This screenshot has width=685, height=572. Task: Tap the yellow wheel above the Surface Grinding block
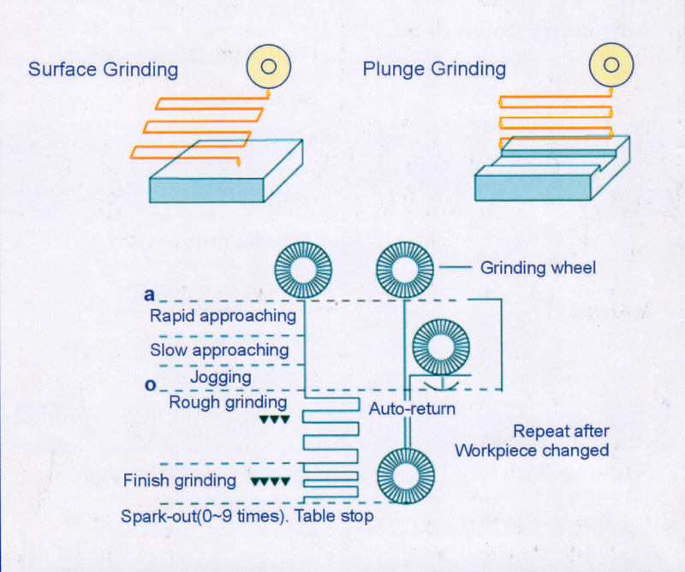(x=268, y=66)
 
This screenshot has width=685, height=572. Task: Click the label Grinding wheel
(x=538, y=268)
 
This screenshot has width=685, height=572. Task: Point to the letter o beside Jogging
(x=149, y=385)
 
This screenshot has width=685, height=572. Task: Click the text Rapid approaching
(x=223, y=316)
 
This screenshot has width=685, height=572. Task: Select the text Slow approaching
(x=219, y=349)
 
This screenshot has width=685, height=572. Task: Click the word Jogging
(x=221, y=377)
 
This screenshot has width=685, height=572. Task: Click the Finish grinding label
(x=180, y=480)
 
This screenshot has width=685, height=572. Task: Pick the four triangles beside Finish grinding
(x=272, y=481)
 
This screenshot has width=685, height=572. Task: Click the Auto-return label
(x=412, y=409)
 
